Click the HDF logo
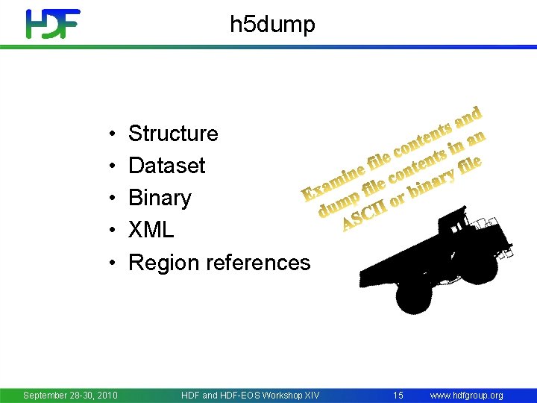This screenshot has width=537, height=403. coord(52,24)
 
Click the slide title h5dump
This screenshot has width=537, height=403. coord(272,25)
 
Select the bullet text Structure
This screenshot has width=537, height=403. coord(173,134)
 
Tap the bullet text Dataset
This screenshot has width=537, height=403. coord(166,166)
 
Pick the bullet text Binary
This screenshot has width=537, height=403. coord(160,198)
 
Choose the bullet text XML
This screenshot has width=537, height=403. coord(151,230)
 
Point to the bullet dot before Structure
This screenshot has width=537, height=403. coord(110,134)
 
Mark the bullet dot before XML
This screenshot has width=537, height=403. coord(110,231)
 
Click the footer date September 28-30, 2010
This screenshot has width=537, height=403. coord(70,395)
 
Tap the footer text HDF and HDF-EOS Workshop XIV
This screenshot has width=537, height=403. coord(250,395)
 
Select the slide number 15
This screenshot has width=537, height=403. coord(398,395)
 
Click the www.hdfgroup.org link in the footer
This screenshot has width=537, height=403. coord(467,395)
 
